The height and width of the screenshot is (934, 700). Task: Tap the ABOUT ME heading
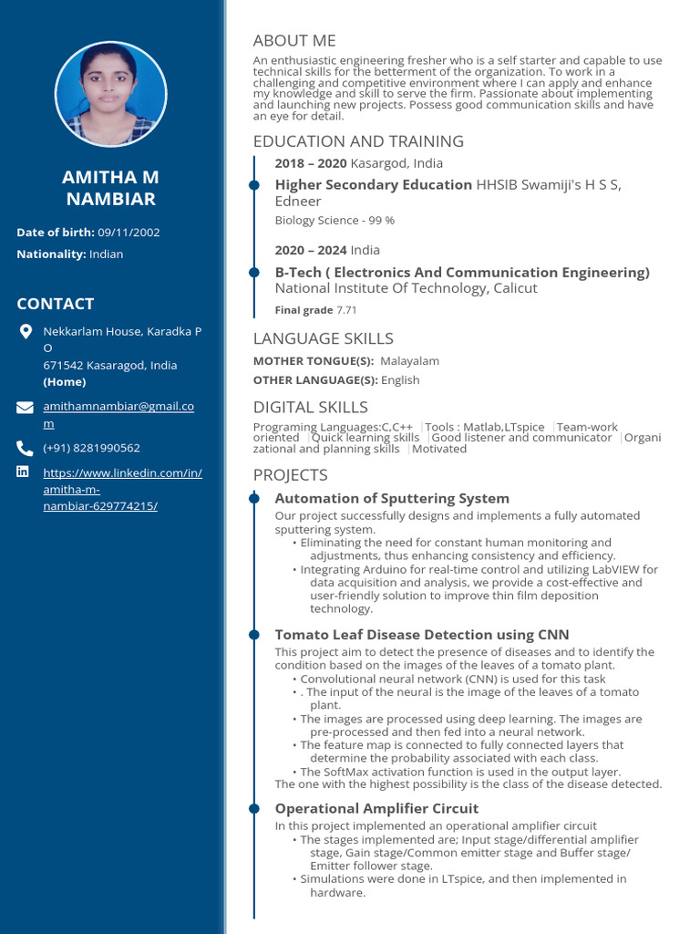click(294, 40)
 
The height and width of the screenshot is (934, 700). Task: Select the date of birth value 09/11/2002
click(129, 233)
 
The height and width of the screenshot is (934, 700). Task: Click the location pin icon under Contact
click(26, 331)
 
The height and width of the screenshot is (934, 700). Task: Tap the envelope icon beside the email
click(26, 407)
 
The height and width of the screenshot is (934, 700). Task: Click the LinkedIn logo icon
click(24, 472)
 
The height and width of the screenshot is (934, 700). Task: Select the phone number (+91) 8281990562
click(92, 448)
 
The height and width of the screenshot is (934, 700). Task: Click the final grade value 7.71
click(346, 310)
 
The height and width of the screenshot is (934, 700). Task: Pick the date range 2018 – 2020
click(311, 163)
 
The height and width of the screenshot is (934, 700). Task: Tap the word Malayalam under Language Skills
click(409, 361)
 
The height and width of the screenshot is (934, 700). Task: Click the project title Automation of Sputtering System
click(392, 498)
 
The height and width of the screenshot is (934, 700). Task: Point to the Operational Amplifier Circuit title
click(376, 808)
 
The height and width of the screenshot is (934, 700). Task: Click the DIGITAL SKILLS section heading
click(311, 407)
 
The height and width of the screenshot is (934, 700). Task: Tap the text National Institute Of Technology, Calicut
click(407, 288)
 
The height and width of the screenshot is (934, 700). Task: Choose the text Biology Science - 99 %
click(335, 220)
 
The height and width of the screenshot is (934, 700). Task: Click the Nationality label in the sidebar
click(51, 254)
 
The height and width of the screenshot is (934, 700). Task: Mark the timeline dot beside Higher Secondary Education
click(254, 185)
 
